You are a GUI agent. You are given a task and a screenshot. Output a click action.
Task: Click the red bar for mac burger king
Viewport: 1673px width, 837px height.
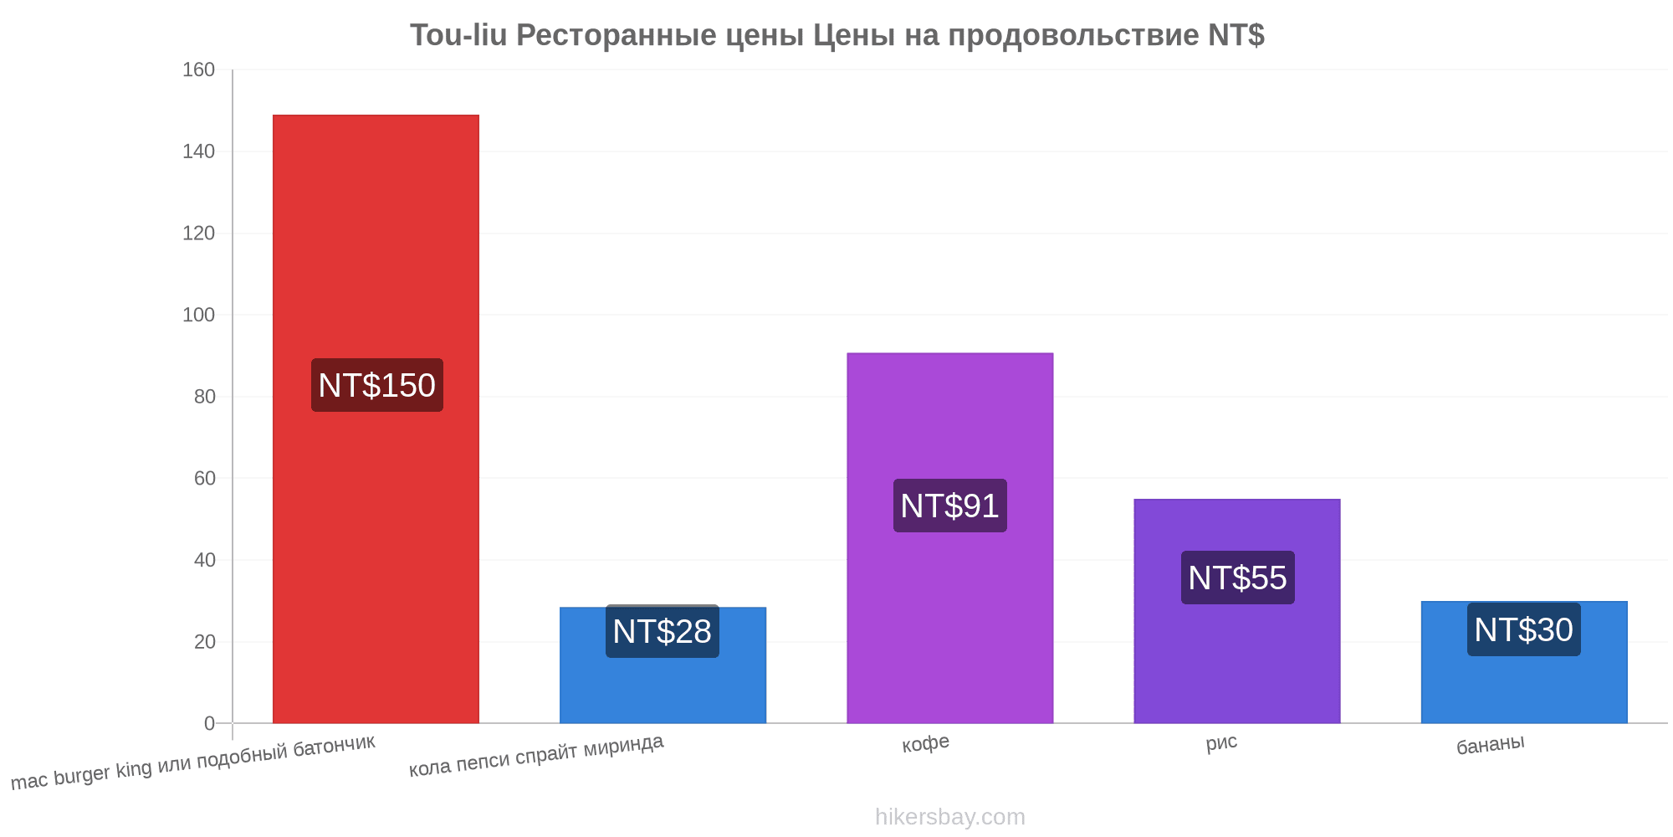[x=376, y=418]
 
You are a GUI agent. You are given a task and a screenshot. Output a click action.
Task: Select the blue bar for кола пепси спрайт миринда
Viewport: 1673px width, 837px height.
[x=663, y=665]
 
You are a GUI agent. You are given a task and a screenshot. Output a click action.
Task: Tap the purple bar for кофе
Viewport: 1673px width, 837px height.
[x=949, y=537]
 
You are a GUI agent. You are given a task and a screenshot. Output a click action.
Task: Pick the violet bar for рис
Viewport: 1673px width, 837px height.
[x=1237, y=611]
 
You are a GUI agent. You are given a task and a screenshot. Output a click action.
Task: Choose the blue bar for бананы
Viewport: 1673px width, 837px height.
[x=1524, y=662]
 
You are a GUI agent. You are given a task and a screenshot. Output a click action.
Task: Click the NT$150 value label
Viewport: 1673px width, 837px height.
[x=377, y=385]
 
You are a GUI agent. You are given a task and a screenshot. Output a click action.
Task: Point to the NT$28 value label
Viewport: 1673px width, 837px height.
[x=663, y=631]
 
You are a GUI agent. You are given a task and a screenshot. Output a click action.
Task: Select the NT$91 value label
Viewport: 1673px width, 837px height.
[x=950, y=506]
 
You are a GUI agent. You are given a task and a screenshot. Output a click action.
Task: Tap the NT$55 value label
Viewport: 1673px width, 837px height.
[x=1238, y=578]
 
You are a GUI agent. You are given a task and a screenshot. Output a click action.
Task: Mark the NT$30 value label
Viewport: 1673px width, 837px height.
[x=1524, y=629]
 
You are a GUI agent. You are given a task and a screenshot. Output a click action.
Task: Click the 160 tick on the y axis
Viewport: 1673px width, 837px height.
[x=199, y=69]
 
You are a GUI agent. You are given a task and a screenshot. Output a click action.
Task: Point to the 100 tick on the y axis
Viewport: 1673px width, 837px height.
[x=199, y=315]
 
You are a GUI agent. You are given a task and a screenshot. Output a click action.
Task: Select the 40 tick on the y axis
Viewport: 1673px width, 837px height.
[x=205, y=560]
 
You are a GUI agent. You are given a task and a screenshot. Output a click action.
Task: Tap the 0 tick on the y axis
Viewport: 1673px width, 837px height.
[x=210, y=723]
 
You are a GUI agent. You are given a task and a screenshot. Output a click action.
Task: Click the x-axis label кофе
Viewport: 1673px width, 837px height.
[x=925, y=743]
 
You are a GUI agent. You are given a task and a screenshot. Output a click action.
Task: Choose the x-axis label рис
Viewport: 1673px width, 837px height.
[x=1221, y=742]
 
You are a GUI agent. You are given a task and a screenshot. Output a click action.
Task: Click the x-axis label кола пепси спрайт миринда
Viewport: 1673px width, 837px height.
[x=536, y=755]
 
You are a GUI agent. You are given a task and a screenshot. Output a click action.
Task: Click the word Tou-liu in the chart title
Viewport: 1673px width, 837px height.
[x=458, y=35]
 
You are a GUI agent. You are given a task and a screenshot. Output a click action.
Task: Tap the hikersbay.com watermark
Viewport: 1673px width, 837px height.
[x=950, y=816]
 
